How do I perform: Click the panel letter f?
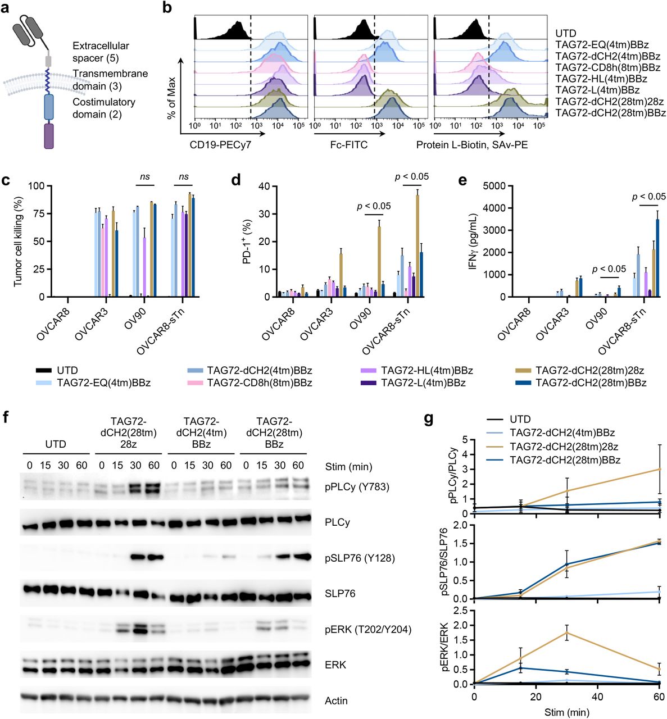tap(6, 417)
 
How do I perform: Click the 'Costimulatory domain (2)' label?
tap(104, 108)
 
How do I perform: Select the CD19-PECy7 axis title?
tap(220, 145)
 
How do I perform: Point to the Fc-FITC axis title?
tap(348, 145)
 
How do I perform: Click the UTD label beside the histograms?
tap(565, 33)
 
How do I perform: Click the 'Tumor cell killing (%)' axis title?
tap(18, 242)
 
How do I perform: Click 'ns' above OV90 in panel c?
tap(145, 176)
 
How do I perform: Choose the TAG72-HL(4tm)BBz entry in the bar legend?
tap(426, 371)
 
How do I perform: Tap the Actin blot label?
tap(336, 700)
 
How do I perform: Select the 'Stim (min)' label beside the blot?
tap(348, 466)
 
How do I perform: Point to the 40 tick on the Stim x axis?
tap(597, 697)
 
